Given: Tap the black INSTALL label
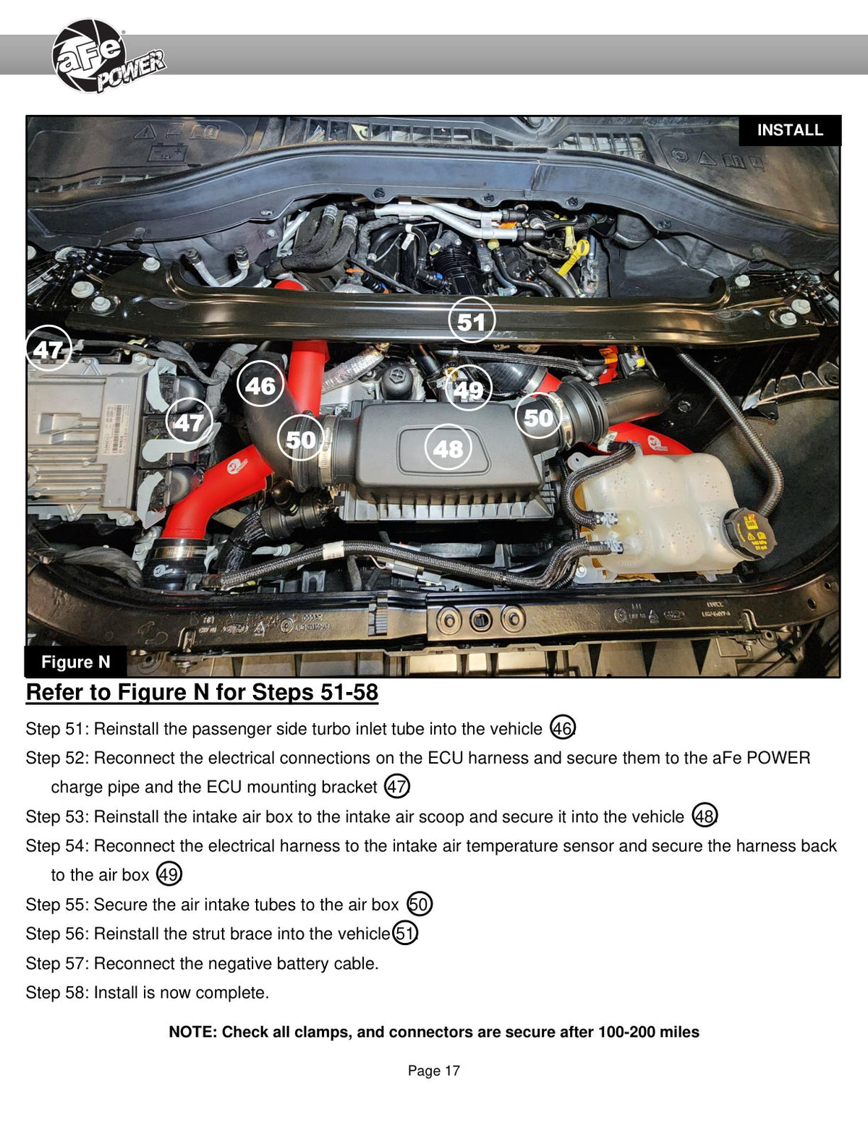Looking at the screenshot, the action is (x=789, y=130).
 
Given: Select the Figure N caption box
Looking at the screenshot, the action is (x=75, y=662).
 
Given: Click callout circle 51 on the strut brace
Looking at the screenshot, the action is (x=472, y=320).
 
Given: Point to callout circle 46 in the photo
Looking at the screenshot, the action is (x=260, y=384).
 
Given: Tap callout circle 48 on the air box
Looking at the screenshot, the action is (x=448, y=448).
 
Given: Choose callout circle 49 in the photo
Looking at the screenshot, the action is (x=469, y=388).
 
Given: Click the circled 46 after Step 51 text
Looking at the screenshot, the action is (x=563, y=727).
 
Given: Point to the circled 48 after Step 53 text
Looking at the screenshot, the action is (x=705, y=816).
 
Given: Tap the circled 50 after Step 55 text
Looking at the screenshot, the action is (x=420, y=904).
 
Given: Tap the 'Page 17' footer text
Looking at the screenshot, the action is (x=434, y=1070).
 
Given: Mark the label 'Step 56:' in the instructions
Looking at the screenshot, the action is (x=57, y=934).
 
